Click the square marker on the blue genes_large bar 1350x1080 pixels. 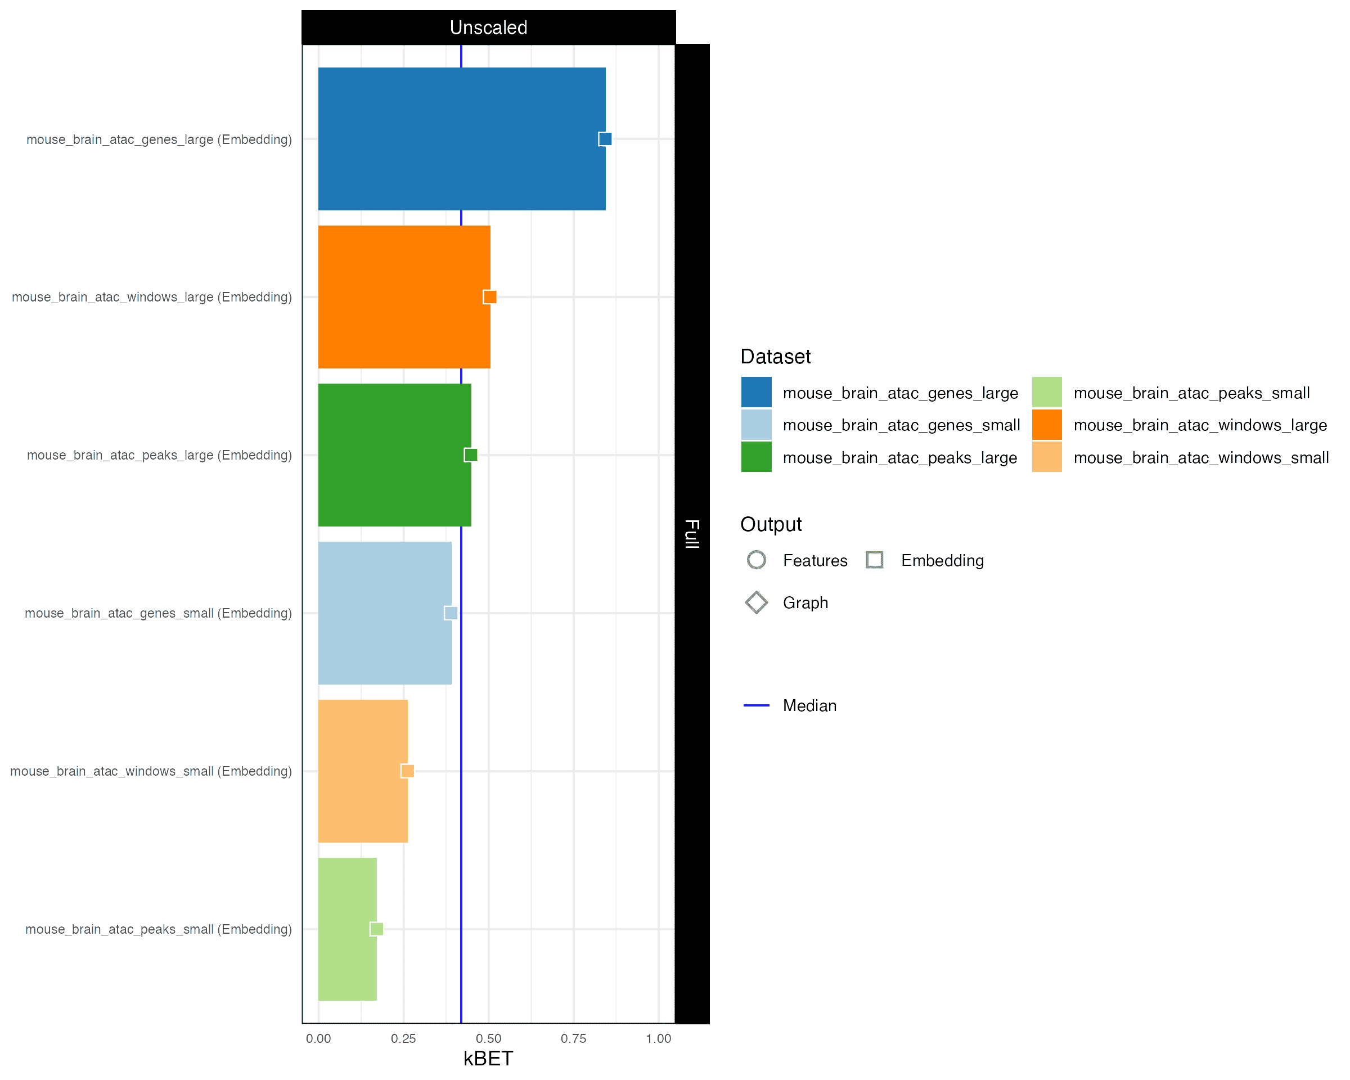[605, 139]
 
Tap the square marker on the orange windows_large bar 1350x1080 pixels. [490, 297]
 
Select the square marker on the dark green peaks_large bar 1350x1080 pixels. [471, 455]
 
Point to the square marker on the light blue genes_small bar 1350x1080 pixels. [451, 613]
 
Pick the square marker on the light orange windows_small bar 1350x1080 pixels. [407, 771]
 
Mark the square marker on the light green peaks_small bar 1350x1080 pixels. [376, 929]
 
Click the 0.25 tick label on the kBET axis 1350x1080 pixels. [403, 1039]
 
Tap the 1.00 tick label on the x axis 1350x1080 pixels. [658, 1039]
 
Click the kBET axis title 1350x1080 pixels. [488, 1059]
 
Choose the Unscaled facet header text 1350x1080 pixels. [488, 28]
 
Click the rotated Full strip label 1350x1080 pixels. [692, 533]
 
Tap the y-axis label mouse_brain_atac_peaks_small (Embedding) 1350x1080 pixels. [159, 929]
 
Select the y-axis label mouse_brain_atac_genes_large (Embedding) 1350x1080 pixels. [159, 139]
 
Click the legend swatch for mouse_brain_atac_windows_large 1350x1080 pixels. [1047, 425]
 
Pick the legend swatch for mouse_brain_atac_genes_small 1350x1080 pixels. [757, 425]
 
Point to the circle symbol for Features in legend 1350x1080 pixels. [757, 560]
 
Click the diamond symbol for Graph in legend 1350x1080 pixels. [757, 602]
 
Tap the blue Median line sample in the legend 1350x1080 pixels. [757, 705]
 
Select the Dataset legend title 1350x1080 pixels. [775, 357]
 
